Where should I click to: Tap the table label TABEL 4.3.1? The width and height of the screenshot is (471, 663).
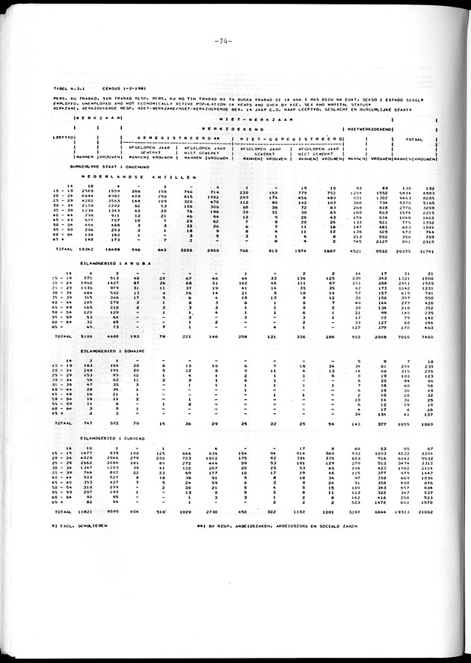(67, 88)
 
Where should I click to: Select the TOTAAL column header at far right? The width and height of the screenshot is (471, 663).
(414, 138)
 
